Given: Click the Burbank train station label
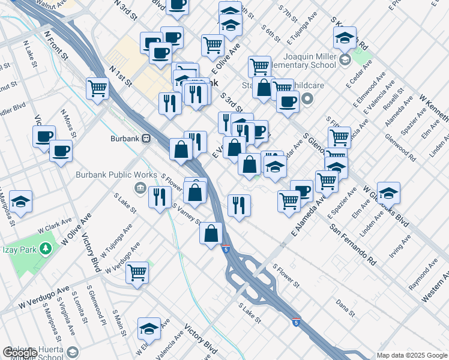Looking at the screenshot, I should tap(125, 138).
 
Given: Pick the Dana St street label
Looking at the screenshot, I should tap(346, 307).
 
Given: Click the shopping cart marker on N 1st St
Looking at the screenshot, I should tap(97, 88).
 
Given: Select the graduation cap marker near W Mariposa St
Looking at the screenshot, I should tap(20, 202).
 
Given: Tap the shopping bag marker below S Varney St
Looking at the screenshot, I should tap(211, 233).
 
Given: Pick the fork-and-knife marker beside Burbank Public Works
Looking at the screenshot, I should tap(159, 197).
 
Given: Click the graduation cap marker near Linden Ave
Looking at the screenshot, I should tap(388, 193).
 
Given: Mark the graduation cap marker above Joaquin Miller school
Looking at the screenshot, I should tap(345, 38).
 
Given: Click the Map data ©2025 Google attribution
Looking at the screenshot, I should tap(411, 355).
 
